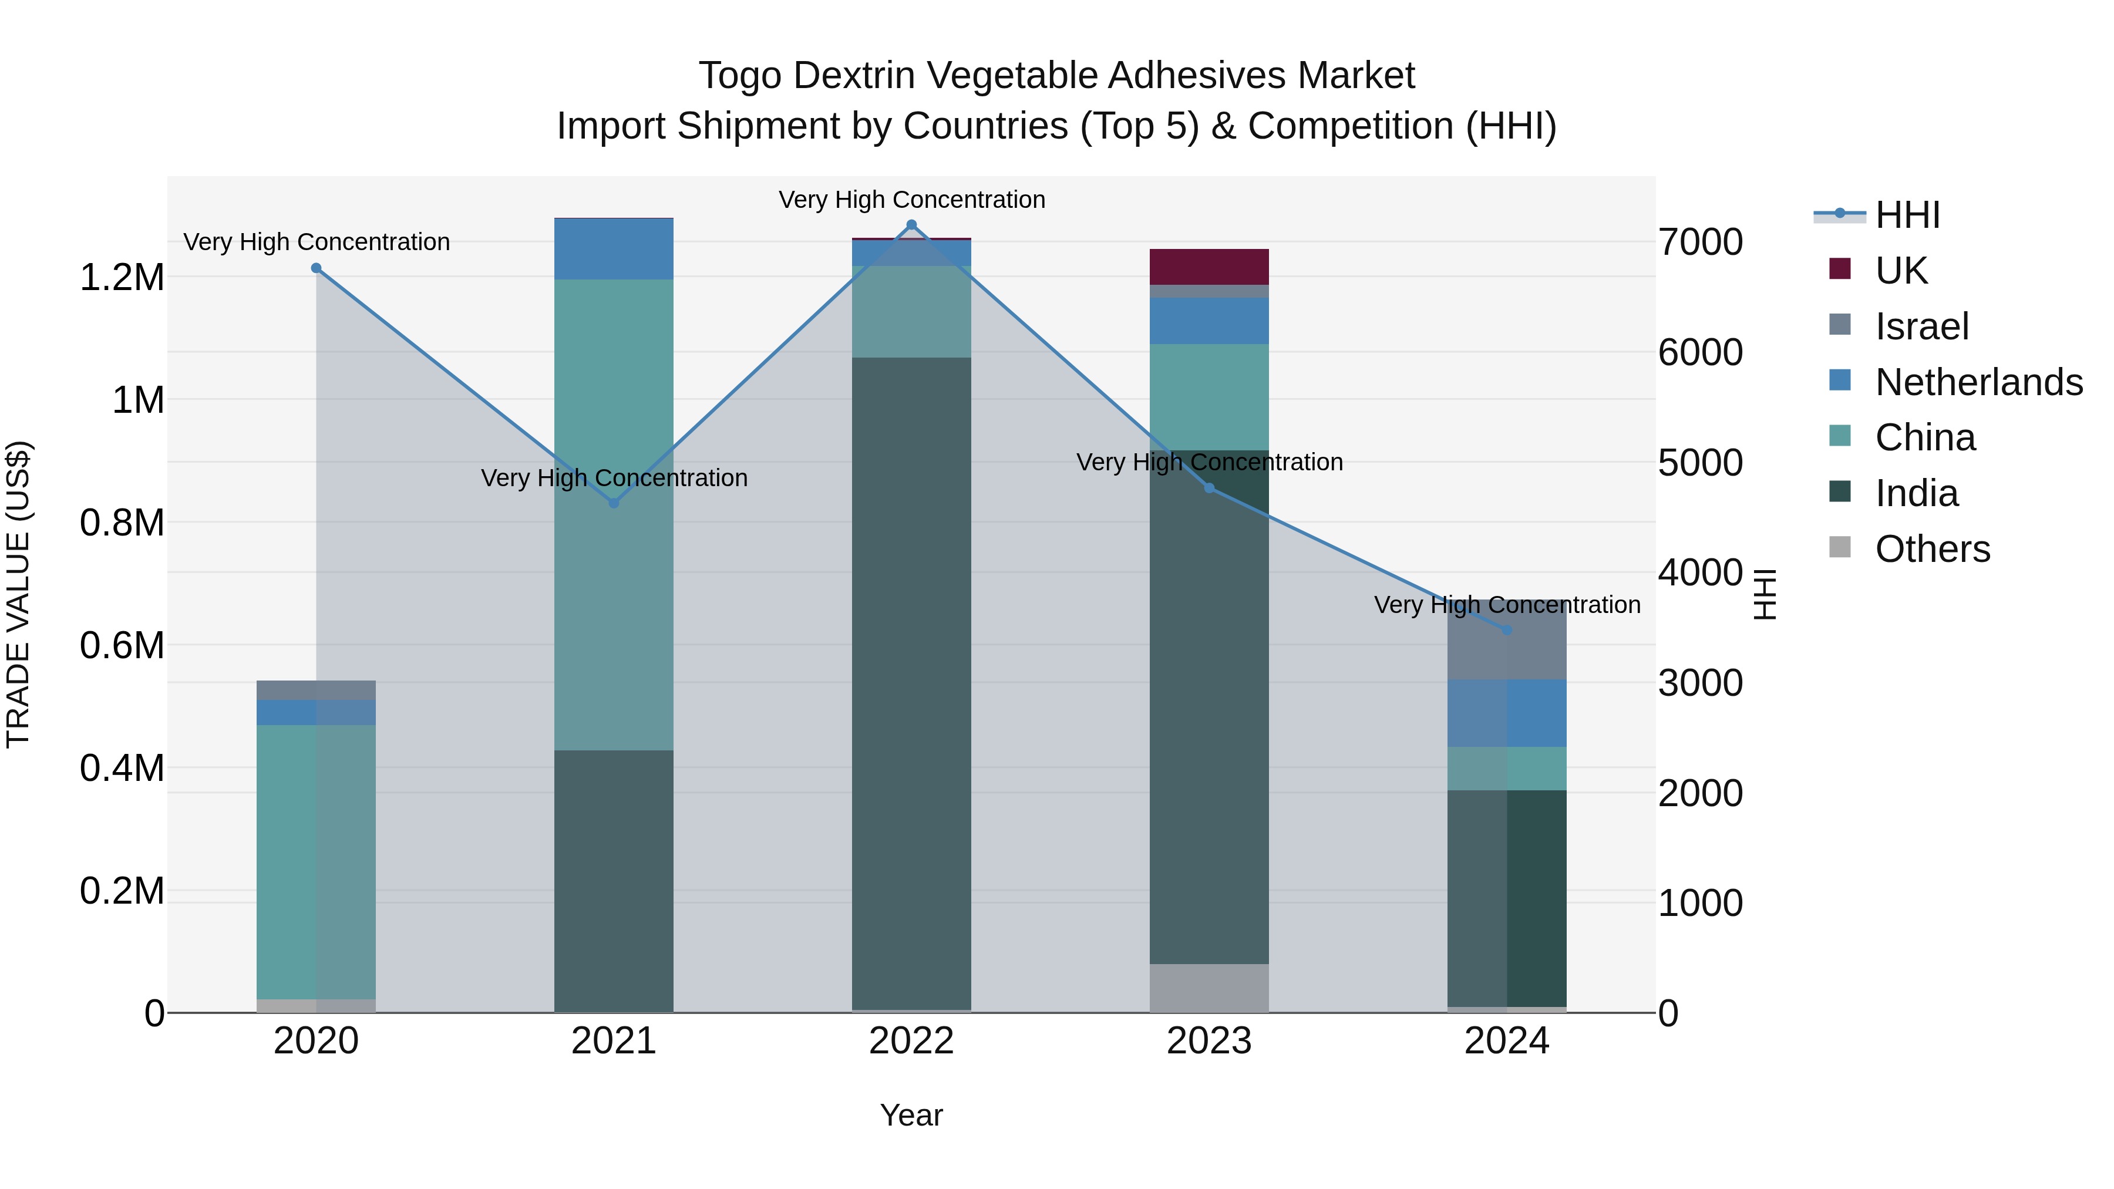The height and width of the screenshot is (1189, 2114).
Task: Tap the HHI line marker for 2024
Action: [x=1507, y=629]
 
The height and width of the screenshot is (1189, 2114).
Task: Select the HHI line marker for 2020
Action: [x=316, y=268]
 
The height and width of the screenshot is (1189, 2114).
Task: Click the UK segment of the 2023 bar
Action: [x=1209, y=267]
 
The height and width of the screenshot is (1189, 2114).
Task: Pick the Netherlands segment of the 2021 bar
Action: [x=614, y=248]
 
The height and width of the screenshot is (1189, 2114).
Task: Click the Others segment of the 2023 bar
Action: [x=1209, y=988]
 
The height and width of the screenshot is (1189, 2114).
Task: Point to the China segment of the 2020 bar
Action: [x=316, y=861]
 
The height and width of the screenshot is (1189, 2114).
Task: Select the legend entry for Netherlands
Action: [x=1978, y=382]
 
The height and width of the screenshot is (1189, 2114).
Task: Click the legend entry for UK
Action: [x=1901, y=270]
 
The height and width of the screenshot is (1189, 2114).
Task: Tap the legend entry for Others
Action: [x=1932, y=549]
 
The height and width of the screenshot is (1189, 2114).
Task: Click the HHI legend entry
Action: [x=1906, y=215]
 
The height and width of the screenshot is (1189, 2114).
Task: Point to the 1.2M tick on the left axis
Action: [x=122, y=277]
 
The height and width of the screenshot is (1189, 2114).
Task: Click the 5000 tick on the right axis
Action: [x=1699, y=463]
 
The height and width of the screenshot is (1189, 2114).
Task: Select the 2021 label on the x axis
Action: [x=614, y=1041]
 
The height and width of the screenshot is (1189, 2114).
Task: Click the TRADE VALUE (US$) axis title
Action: [x=18, y=594]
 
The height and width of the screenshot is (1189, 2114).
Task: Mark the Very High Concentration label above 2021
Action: [x=614, y=477]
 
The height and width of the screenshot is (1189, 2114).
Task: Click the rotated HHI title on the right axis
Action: [x=1765, y=594]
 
